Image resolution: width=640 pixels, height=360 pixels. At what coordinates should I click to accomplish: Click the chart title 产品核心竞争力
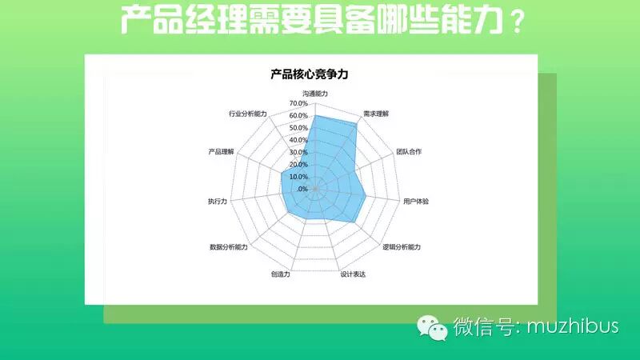click(x=309, y=75)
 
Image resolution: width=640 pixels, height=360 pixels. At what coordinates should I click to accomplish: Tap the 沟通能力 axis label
click(x=314, y=94)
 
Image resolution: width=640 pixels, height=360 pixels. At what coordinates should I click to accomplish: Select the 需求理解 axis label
click(x=375, y=114)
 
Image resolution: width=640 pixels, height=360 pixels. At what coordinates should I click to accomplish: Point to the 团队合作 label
click(x=409, y=151)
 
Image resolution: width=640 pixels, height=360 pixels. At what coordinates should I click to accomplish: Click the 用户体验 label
click(x=416, y=201)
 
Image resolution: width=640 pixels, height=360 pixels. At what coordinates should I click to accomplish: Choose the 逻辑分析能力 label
click(x=402, y=246)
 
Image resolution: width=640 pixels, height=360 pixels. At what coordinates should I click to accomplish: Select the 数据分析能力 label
click(x=229, y=246)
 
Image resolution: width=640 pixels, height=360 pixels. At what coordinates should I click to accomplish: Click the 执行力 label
click(x=217, y=201)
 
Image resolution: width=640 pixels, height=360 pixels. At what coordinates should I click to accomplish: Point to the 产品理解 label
click(x=221, y=151)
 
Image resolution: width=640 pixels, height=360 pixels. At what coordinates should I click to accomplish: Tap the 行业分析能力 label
click(x=247, y=114)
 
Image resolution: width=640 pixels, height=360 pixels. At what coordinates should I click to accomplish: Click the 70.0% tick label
click(x=298, y=104)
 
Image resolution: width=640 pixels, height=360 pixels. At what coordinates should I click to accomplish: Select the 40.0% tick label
click(x=298, y=140)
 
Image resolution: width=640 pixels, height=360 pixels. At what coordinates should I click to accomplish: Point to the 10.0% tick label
click(x=298, y=177)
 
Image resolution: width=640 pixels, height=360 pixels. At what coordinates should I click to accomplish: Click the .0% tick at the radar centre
click(x=302, y=189)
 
